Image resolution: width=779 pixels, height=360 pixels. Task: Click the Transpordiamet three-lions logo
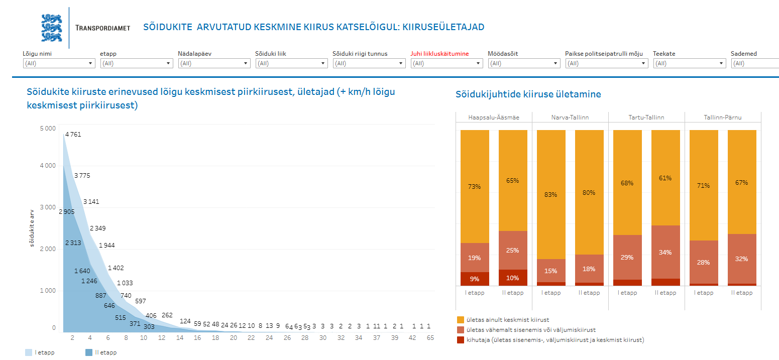point(51,28)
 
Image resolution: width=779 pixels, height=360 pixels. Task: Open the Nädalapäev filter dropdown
point(214,63)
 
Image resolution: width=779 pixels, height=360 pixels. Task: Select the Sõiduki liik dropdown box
point(291,63)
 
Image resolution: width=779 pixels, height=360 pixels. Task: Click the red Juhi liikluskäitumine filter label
point(439,54)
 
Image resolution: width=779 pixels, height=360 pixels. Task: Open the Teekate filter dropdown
point(689,63)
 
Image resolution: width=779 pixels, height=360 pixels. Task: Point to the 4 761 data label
point(73,135)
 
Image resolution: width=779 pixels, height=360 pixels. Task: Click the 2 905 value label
point(67,212)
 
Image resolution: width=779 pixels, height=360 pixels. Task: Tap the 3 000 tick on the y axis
point(48,207)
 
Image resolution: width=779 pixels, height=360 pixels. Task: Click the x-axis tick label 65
point(430,338)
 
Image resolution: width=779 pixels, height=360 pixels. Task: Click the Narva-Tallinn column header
point(570,117)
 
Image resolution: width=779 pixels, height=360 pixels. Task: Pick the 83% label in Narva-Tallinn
point(551,194)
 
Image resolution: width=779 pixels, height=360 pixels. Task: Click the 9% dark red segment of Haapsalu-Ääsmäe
point(475,279)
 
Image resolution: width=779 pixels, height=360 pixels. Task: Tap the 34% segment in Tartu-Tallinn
point(665,252)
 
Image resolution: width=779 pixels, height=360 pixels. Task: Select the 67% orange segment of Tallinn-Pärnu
point(742,182)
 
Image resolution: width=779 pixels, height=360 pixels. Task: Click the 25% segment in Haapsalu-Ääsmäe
point(513,250)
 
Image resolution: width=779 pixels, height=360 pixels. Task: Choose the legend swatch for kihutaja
point(461,340)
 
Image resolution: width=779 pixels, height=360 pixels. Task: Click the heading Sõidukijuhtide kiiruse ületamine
point(528,94)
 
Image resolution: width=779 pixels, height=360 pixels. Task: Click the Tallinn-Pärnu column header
point(723,117)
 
